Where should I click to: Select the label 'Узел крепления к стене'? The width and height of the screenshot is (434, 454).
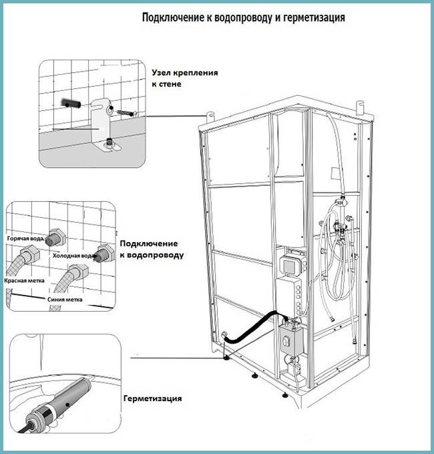click(194, 78)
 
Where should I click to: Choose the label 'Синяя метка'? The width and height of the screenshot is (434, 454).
click(65, 300)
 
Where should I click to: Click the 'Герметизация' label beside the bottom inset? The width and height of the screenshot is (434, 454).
click(152, 399)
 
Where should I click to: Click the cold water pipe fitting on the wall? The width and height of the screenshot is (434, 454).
click(103, 253)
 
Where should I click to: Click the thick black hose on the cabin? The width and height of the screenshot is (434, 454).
click(250, 328)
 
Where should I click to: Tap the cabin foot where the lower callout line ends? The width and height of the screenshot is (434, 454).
click(228, 356)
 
